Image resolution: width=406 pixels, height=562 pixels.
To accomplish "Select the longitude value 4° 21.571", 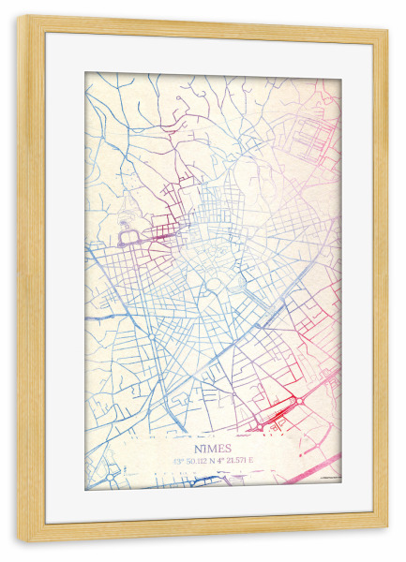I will point(231,461).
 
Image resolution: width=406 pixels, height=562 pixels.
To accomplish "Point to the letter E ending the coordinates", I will point(251,461).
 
